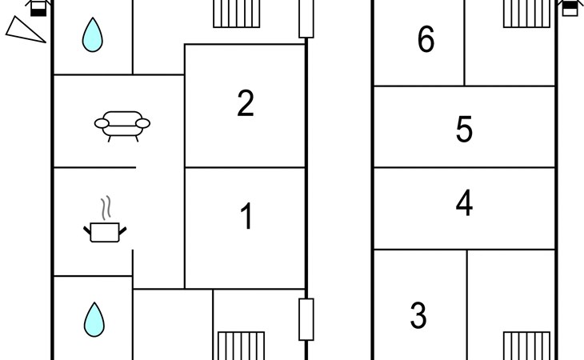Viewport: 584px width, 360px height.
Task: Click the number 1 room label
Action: [246, 217]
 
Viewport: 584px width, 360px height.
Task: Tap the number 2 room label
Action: [246, 103]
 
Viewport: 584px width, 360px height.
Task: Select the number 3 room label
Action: [418, 316]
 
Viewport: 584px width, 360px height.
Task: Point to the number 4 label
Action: [464, 204]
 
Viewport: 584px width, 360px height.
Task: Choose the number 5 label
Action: [464, 130]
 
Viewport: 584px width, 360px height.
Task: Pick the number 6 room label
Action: [426, 39]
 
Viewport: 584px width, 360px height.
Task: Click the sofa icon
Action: [122, 126]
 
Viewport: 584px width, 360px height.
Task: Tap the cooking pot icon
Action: [105, 232]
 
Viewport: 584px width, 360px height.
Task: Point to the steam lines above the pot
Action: [104, 208]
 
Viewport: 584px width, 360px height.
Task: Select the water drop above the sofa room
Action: [94, 35]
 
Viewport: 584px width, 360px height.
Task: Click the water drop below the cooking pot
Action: [94, 318]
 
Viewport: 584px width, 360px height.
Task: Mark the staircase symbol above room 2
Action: [233, 14]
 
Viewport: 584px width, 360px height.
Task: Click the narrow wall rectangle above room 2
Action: [306, 18]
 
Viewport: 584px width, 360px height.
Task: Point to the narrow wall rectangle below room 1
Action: [306, 319]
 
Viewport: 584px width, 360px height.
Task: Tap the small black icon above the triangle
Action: [37, 7]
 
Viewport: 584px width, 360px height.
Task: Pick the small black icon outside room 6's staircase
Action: [569, 7]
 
